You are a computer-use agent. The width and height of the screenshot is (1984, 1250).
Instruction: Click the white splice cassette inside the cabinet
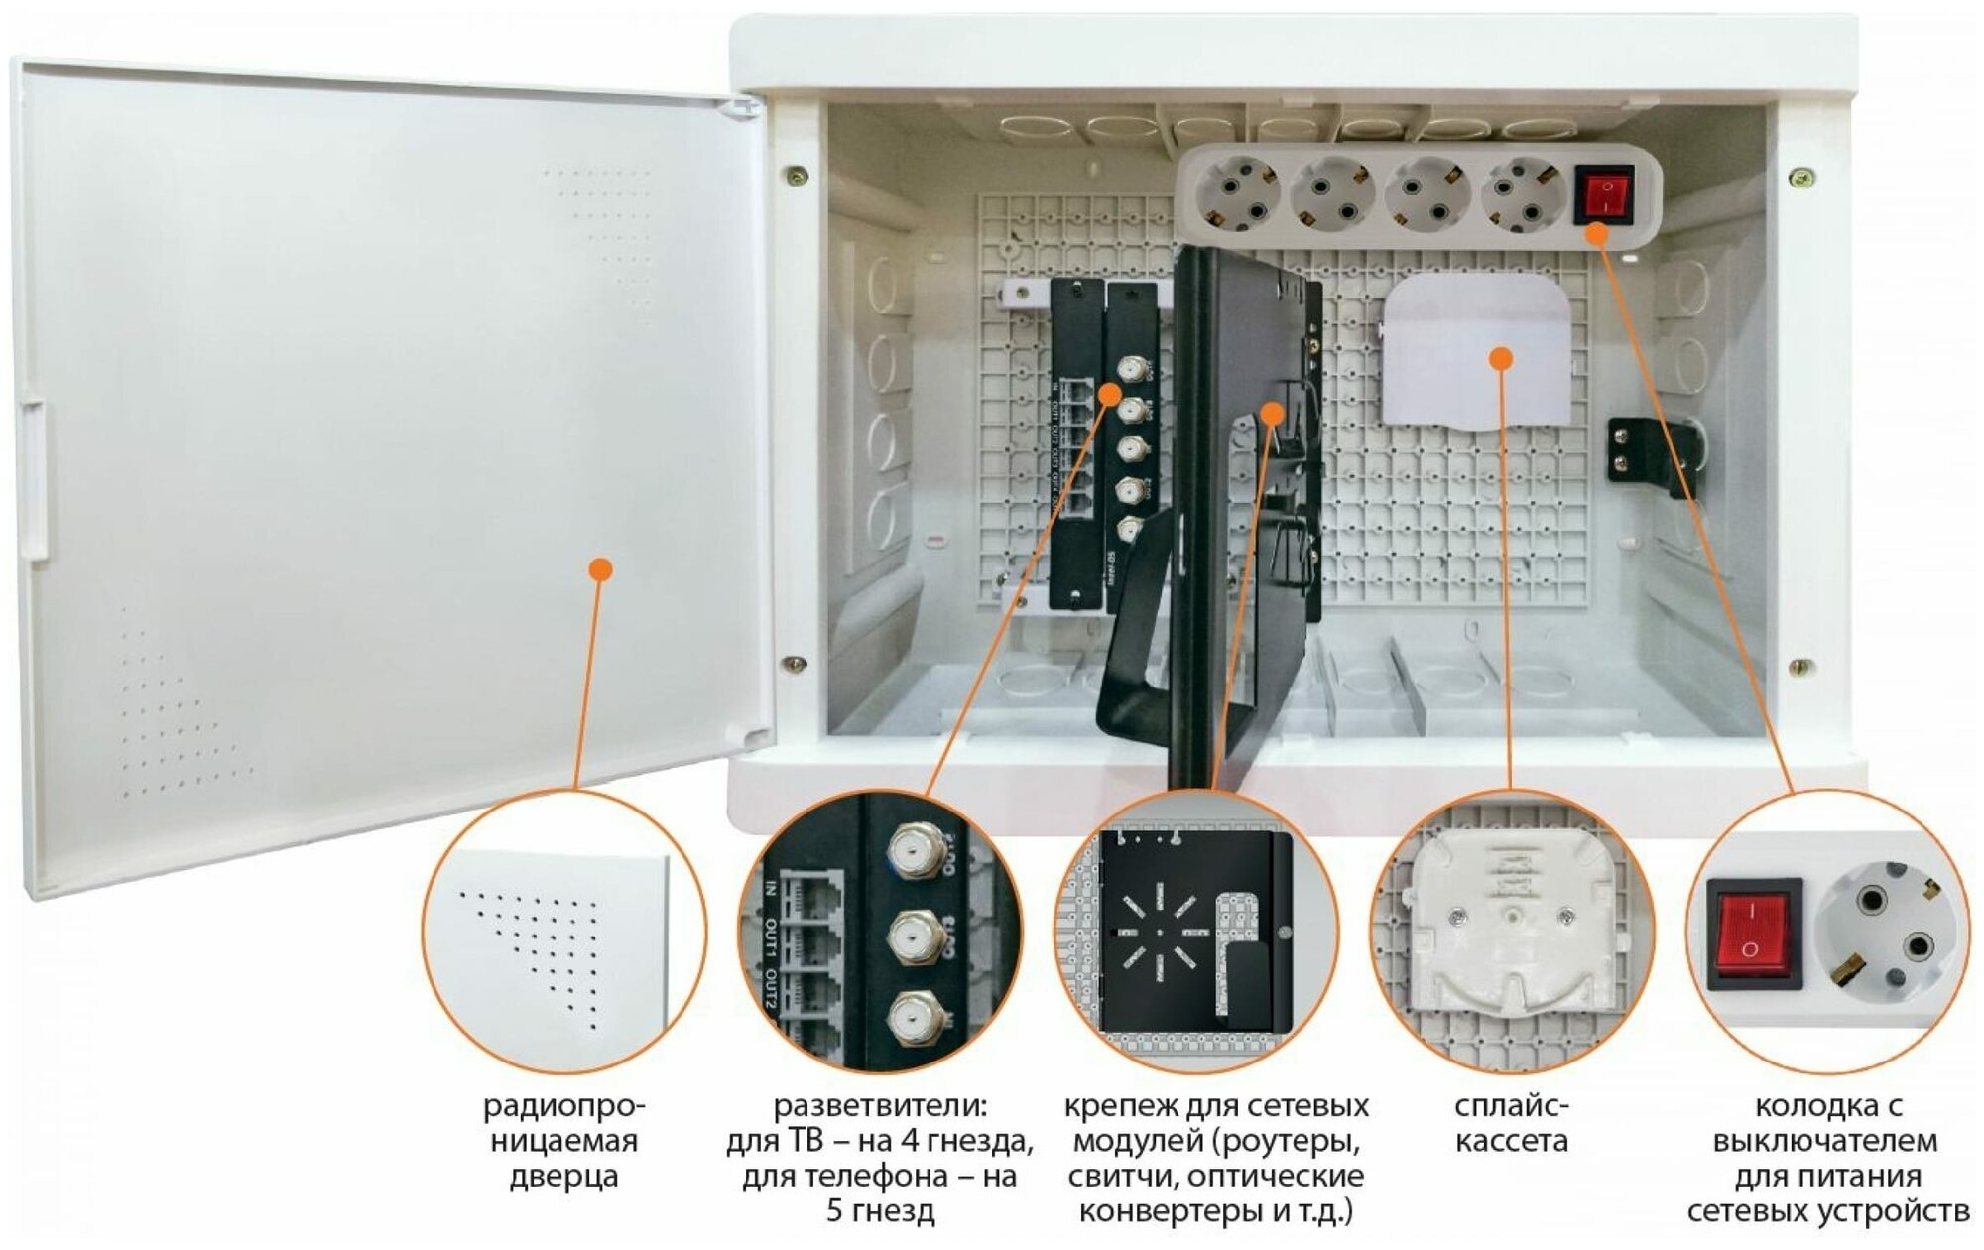pyautogui.click(x=1476, y=352)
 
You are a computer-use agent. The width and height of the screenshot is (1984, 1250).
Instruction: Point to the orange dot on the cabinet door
pyautogui.click(x=600, y=569)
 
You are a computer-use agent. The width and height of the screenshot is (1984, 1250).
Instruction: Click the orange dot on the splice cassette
pyautogui.click(x=1502, y=358)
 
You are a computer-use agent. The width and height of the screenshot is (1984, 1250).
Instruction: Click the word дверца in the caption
pyautogui.click(x=563, y=1178)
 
